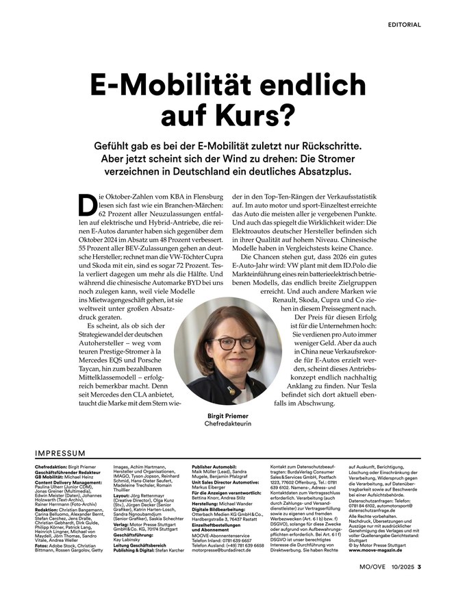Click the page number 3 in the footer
(x=419, y=566)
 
